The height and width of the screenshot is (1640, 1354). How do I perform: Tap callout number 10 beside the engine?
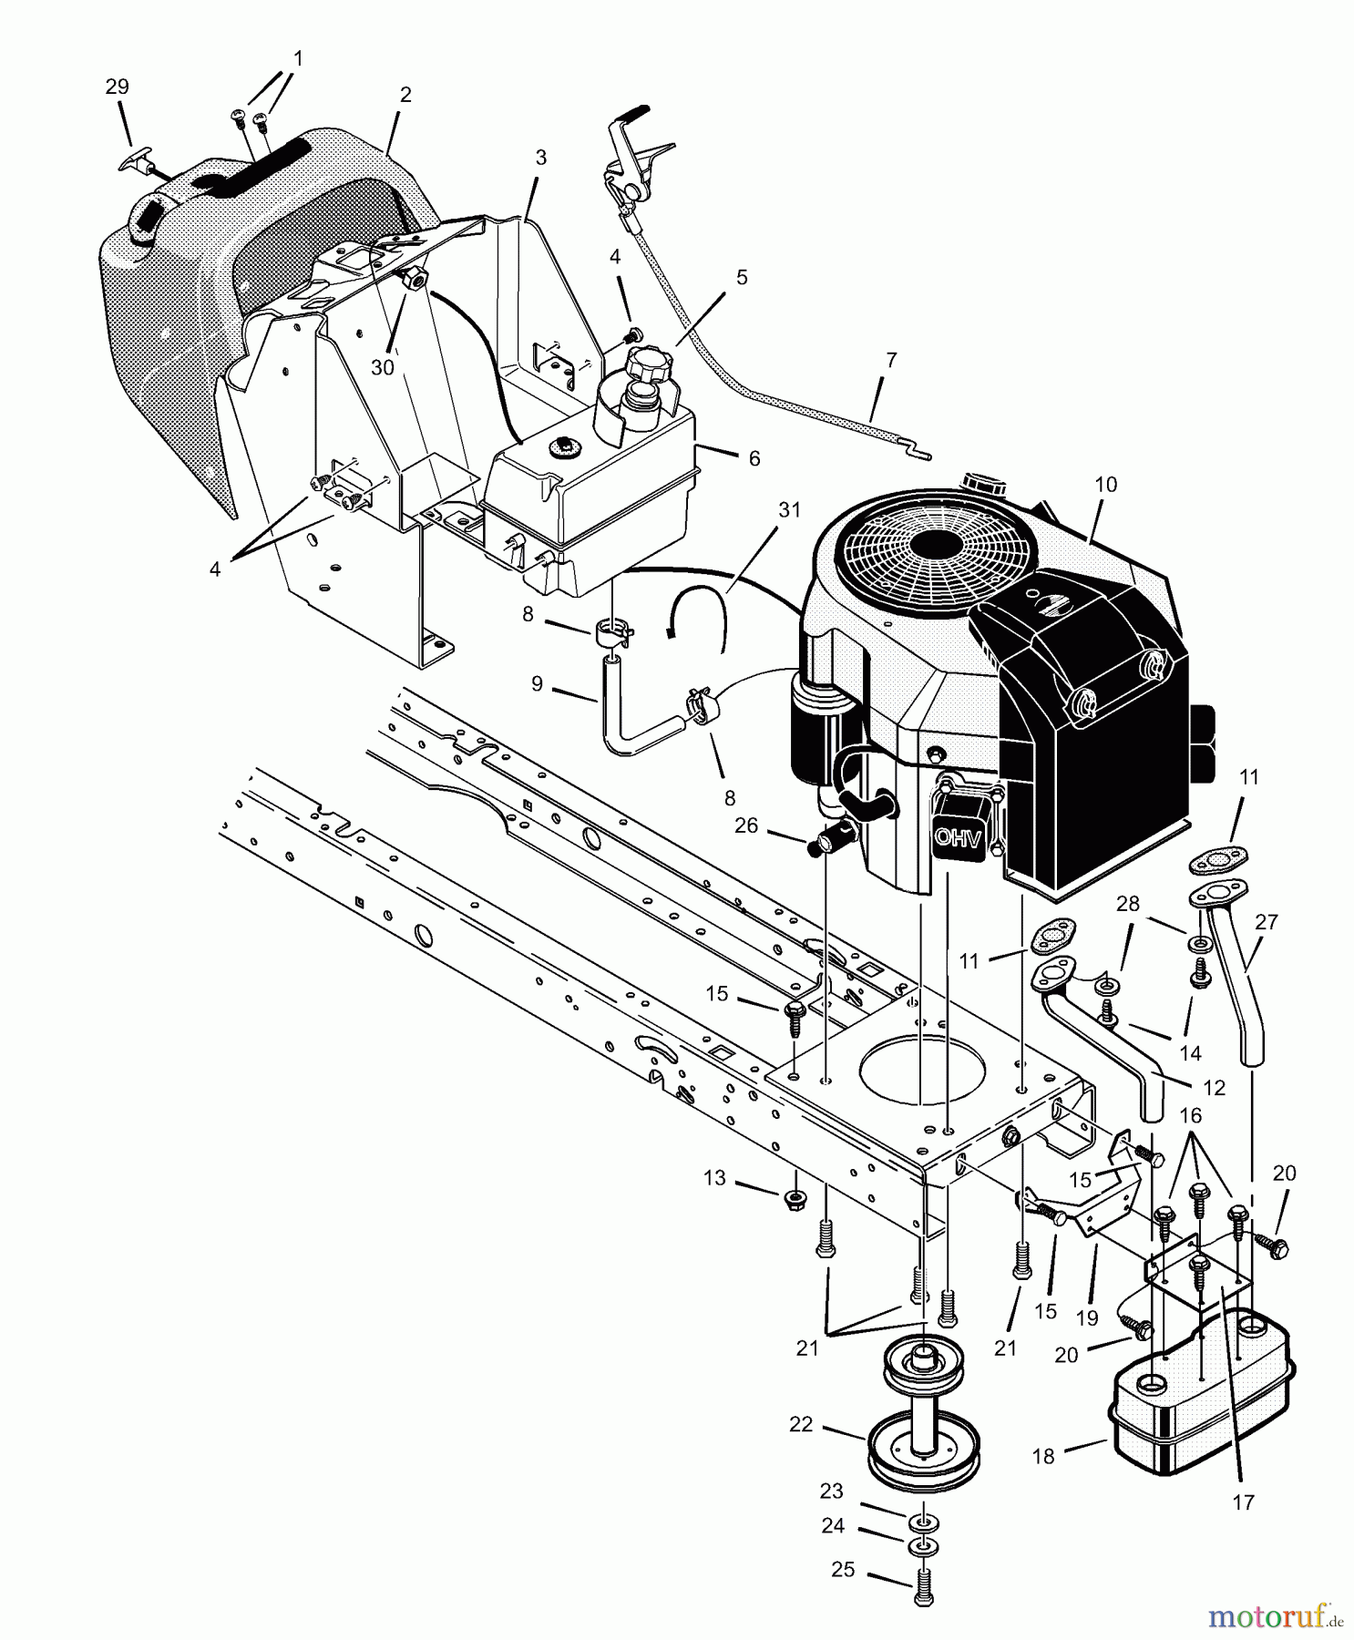[1105, 485]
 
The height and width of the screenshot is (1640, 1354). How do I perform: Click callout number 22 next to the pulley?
[801, 1425]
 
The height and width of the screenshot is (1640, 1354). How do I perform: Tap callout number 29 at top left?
[118, 87]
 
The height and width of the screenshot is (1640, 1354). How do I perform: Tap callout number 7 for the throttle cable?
[891, 361]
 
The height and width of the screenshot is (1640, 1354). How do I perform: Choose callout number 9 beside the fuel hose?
[537, 682]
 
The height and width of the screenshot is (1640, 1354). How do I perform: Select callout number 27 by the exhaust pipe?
[1267, 922]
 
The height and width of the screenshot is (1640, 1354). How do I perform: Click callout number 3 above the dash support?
[540, 158]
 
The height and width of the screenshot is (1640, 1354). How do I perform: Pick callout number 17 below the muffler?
[1243, 1502]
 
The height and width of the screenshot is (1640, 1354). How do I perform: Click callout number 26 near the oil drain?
[745, 825]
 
